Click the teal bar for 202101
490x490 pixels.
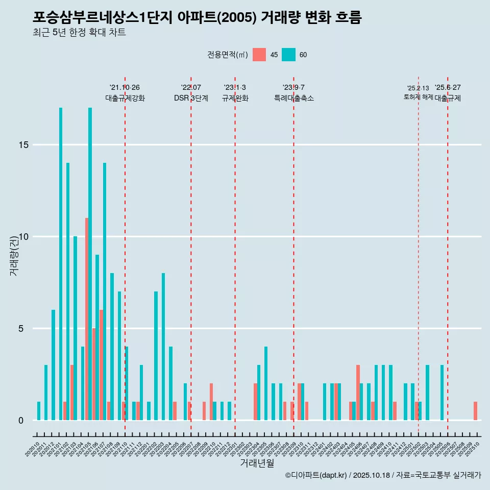[x=61, y=264]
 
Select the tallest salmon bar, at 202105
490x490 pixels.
[x=87, y=319]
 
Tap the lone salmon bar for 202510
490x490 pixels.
[x=475, y=411]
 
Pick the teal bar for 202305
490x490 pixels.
[x=266, y=383]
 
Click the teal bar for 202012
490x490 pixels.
[x=53, y=365]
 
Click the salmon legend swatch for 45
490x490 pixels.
[x=259, y=55]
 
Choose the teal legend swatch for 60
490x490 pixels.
[x=288, y=55]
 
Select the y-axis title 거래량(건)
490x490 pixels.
[x=14, y=254]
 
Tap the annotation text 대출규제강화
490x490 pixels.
[x=125, y=99]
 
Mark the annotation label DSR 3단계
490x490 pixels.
[x=191, y=99]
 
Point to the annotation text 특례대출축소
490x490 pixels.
[x=293, y=99]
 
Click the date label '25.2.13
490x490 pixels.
[x=418, y=88]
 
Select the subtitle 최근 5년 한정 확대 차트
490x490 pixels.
[x=79, y=33]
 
